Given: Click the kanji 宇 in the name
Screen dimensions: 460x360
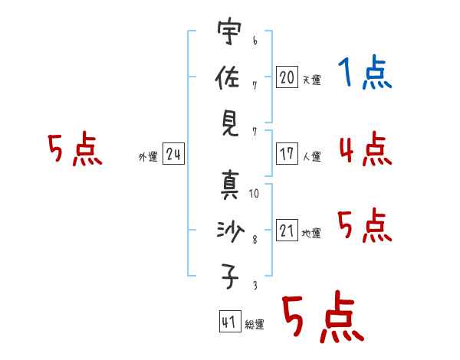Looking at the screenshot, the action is tap(229, 31).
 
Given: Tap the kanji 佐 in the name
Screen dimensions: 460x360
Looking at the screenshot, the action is tap(228, 77).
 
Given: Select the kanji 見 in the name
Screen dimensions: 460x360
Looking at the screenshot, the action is tap(229, 124).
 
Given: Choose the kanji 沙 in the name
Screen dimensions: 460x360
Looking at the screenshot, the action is tap(230, 231).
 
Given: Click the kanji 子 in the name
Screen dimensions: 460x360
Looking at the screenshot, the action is tap(230, 277).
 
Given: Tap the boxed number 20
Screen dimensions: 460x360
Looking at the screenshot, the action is tap(287, 77).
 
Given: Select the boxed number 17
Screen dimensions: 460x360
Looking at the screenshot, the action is tap(287, 153).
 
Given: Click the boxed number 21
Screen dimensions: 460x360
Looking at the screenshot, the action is tap(287, 230).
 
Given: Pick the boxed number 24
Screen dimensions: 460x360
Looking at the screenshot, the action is tap(173, 153).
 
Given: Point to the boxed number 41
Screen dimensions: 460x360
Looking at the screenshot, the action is tap(230, 322).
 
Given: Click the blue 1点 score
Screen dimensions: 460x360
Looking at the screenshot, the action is tap(365, 71).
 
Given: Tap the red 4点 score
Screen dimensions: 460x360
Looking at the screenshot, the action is tap(366, 149).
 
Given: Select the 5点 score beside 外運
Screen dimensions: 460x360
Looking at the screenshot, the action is tap(75, 149).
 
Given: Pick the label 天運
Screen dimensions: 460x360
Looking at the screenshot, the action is tap(312, 80).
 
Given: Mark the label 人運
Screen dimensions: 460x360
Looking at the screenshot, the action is tap(312, 156).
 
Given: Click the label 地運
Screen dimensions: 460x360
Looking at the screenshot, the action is tap(311, 233).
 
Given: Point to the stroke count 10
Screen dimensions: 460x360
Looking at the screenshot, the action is tap(254, 193).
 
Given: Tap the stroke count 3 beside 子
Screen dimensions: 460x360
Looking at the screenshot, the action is tap(255, 285).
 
